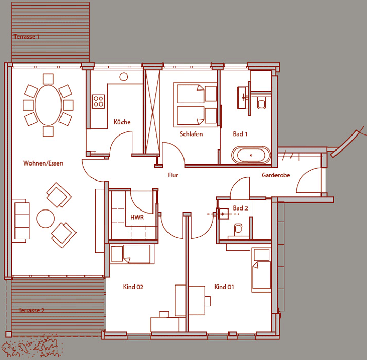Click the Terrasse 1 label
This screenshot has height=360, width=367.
tap(26, 37)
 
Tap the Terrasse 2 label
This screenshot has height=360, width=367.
tap(32, 310)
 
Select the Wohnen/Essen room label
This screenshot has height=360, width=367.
tap(43, 163)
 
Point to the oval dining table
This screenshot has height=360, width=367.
tap(48, 105)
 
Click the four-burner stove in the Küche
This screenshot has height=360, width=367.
tap(98, 101)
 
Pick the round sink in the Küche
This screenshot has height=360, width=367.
tap(124, 77)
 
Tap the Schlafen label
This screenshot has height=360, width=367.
tap(191, 134)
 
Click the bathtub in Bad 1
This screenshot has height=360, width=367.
tap(251, 155)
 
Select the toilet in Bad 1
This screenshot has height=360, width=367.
tap(262, 103)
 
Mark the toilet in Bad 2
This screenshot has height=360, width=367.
tap(238, 230)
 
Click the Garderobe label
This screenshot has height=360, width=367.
tap(276, 175)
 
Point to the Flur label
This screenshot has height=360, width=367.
tap(173, 175)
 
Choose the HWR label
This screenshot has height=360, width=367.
tap(137, 217)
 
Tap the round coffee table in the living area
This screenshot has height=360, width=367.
tap(45, 218)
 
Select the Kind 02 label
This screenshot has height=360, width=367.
tap(133, 287)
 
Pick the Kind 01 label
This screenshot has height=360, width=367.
tap(224, 287)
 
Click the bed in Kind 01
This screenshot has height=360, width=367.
tap(261, 270)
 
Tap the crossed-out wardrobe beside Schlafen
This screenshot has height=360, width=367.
tap(152, 112)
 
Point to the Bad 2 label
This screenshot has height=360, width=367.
tap(240, 208)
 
